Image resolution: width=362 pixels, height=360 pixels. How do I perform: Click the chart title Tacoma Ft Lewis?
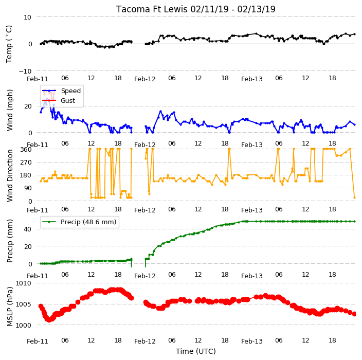152,9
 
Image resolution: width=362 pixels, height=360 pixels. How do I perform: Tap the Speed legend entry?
61,91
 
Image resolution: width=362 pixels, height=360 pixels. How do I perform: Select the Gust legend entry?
59,100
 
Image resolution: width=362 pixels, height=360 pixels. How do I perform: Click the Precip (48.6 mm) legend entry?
79,222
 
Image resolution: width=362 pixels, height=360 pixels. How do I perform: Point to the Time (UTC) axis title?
196,351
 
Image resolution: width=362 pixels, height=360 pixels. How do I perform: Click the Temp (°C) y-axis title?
9,44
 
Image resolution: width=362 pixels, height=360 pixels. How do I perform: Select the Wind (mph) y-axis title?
10,110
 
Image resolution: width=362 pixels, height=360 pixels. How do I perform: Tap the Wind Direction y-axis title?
10,175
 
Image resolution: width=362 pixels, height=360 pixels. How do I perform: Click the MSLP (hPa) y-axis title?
10,306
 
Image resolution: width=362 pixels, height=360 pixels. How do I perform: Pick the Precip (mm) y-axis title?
10,241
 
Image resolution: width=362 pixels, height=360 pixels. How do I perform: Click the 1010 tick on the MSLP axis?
23,283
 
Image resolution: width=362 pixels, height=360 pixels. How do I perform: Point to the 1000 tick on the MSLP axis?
23,325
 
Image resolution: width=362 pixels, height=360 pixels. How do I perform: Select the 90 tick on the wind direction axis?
28,188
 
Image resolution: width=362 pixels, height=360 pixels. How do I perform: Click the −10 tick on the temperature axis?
25,71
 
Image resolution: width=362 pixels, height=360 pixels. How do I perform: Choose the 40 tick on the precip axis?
27,229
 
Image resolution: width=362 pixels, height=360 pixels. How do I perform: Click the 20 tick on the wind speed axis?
28,106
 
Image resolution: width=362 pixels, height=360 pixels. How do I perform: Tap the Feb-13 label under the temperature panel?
252,79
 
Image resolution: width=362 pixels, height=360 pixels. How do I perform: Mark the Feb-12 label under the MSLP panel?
145,341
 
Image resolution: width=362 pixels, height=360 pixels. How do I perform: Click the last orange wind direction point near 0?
355,197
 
